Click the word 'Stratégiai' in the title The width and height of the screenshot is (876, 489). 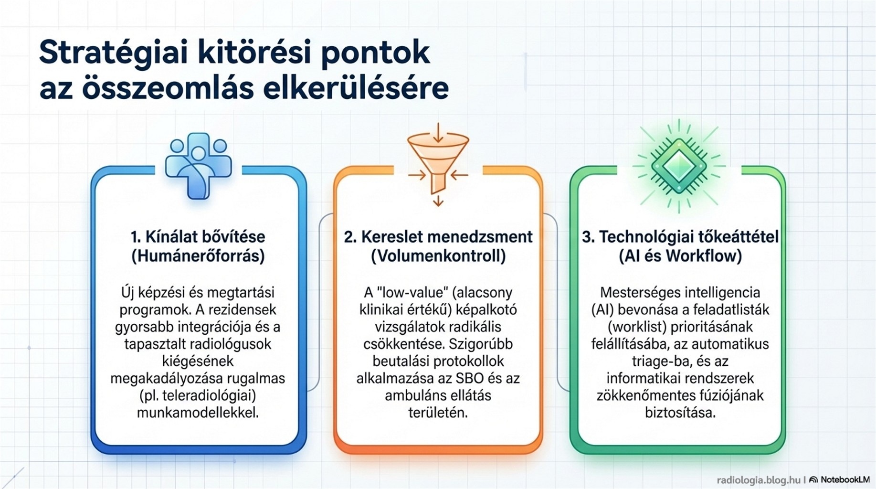114,53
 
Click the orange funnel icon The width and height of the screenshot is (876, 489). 438,164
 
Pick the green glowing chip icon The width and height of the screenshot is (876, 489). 679,166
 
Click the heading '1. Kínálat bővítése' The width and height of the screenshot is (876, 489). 198,236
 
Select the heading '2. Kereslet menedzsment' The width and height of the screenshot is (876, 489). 438,236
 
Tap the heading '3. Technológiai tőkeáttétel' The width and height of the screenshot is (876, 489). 680,236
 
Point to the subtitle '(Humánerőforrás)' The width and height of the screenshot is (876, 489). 198,256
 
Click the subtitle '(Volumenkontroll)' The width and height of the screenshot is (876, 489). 438,256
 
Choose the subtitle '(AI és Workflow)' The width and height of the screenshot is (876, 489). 680,256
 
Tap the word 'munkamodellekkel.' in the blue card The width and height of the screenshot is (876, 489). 198,413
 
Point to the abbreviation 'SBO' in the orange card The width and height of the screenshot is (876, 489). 470,378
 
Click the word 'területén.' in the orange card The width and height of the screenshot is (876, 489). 438,413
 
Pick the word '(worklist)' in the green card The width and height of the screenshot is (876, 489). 637,327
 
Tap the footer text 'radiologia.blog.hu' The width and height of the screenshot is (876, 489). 759,480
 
